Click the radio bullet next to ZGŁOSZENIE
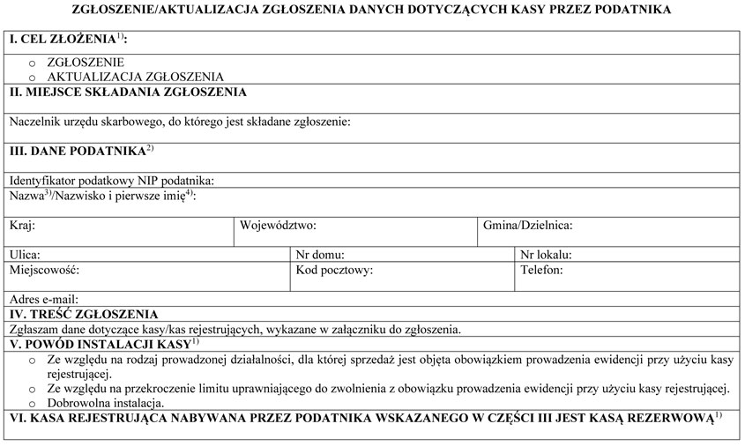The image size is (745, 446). point(33,64)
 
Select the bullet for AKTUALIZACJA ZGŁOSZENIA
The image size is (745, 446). point(33,78)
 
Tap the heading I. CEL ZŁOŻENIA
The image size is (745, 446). point(62,41)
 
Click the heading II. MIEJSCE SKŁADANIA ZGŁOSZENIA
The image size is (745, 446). point(128,92)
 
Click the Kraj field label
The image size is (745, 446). point(22,226)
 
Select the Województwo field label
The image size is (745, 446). point(278,226)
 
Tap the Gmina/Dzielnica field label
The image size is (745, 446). point(527,226)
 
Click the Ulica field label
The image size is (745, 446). point(25,255)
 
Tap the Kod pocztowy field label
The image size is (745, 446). point(334,270)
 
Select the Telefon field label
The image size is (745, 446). point(541,270)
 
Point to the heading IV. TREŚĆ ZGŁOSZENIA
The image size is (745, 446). point(84,314)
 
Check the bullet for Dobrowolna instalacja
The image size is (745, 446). point(33,403)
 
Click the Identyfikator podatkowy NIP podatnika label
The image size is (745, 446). point(112,181)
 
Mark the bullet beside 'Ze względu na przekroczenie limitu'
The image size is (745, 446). point(33,388)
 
